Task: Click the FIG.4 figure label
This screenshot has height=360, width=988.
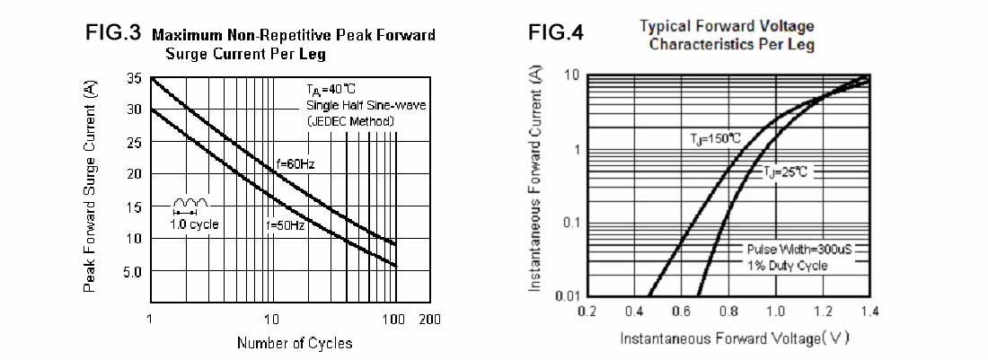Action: [556, 33]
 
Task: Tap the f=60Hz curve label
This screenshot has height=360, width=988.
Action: [295, 164]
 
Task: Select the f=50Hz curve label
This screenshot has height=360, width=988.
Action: [286, 225]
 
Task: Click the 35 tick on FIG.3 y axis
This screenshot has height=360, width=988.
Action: [134, 79]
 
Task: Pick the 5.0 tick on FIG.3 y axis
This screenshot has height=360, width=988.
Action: [131, 270]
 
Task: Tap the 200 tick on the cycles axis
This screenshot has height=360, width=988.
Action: [429, 319]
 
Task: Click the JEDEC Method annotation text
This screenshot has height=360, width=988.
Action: [349, 121]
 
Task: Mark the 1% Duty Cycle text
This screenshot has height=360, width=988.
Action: [787, 266]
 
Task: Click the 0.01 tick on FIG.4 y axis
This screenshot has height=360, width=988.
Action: [566, 295]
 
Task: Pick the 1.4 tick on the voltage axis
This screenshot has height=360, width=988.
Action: [869, 312]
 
